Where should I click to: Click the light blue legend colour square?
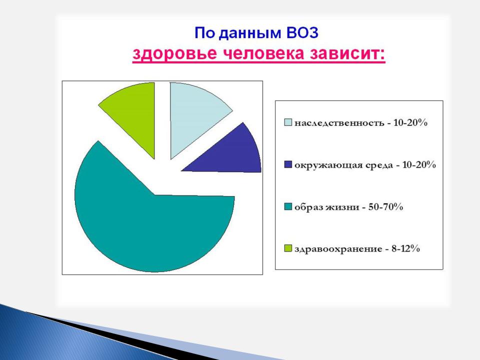pyautogui.click(x=288, y=122)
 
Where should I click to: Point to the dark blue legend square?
pyautogui.click(x=288, y=164)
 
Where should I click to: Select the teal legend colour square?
pyautogui.click(x=288, y=207)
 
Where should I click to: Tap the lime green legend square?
pyautogui.click(x=288, y=248)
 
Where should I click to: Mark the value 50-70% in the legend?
pyautogui.click(x=385, y=207)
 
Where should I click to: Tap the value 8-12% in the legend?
pyautogui.click(x=405, y=248)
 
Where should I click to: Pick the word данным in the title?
pyautogui.click(x=250, y=33)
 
